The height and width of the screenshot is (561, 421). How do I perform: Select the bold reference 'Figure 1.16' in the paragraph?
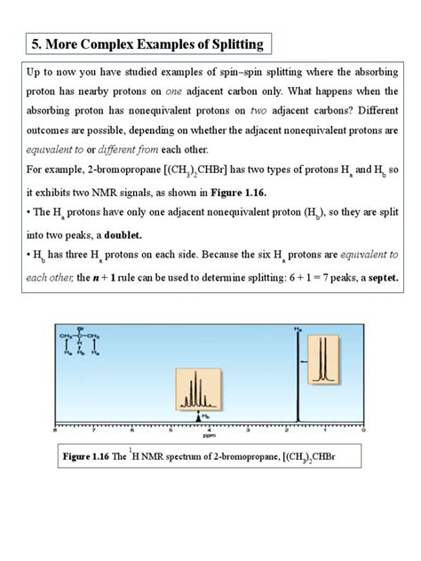[x=334, y=193]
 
